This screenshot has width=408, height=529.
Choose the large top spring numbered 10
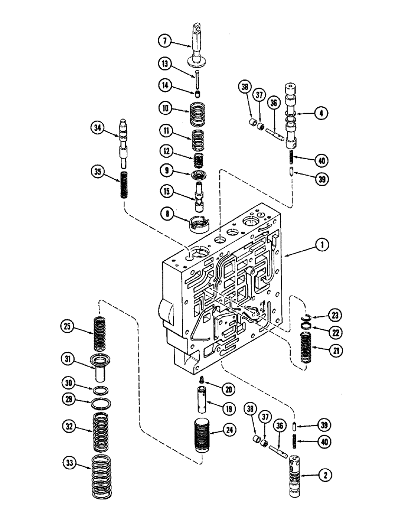tap(197, 114)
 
